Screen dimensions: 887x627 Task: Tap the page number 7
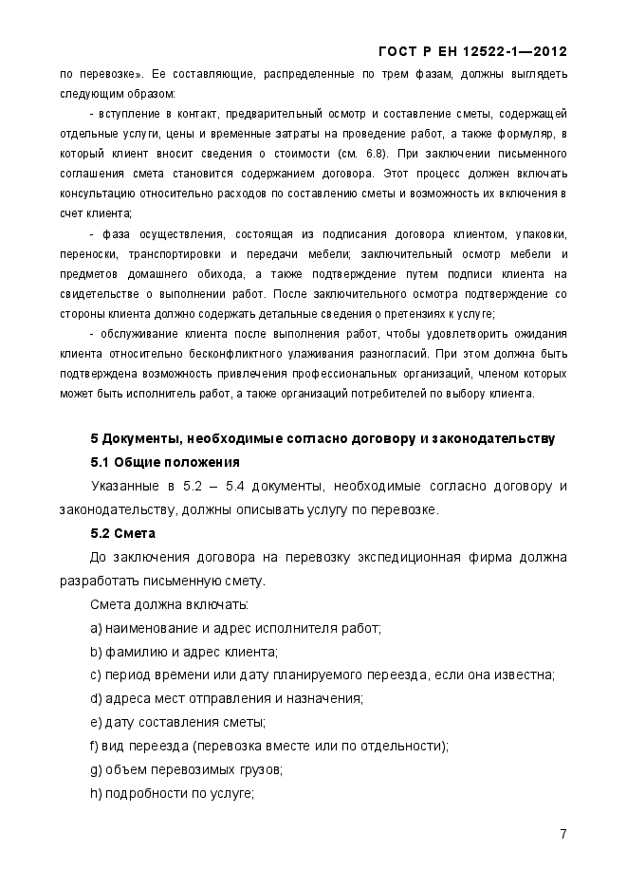click(562, 835)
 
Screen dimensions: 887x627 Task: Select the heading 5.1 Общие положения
click(164, 463)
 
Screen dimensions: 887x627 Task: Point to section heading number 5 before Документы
click(94, 439)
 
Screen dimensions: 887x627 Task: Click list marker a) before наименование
click(96, 628)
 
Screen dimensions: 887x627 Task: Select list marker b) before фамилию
click(96, 652)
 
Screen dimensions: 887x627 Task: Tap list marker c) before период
click(96, 675)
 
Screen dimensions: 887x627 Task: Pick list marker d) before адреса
click(96, 699)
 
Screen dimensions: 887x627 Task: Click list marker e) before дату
click(96, 723)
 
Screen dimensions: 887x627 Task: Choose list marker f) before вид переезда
click(95, 746)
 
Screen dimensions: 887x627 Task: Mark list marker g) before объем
click(96, 769)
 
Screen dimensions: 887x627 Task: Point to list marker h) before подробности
click(96, 793)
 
